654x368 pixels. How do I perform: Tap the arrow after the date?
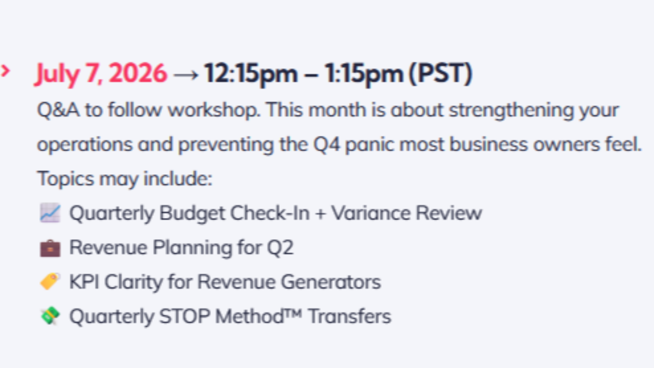(185, 75)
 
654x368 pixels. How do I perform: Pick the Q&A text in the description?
(58, 110)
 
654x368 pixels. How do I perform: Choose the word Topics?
(65, 179)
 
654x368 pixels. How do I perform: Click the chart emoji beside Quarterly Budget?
(50, 213)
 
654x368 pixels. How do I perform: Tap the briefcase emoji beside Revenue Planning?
(50, 248)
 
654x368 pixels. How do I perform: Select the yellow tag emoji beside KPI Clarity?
(50, 282)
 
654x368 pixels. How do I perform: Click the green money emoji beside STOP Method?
(50, 316)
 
